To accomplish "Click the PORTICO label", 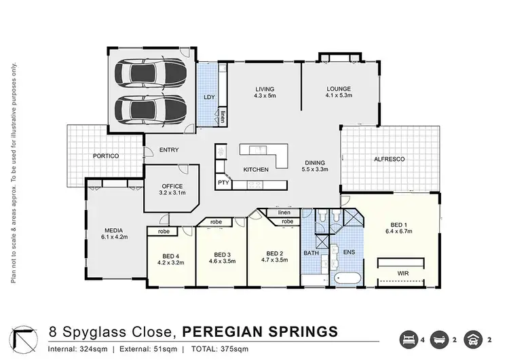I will tap(106, 156).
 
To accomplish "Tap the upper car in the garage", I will tap(150, 73).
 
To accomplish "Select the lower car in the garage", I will tap(150, 108).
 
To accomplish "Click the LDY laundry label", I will tap(209, 97).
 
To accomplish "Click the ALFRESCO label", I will tap(390, 159).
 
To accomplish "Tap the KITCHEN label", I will tap(256, 169).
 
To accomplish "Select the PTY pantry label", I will tap(223, 183).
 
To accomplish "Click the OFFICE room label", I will tap(172, 185).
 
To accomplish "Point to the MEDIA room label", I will tap(113, 229).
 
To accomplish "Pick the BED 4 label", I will tap(170, 255).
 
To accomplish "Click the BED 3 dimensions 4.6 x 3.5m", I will tap(222, 261).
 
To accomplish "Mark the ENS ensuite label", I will tap(348, 252).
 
